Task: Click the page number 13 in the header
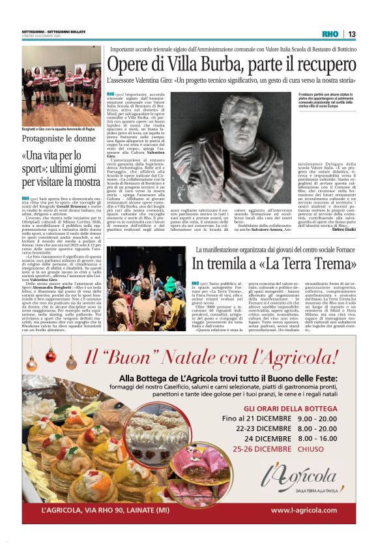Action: [352, 35]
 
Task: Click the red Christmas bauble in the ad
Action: [50, 356]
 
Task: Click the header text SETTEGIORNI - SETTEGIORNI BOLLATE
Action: [47, 31]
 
